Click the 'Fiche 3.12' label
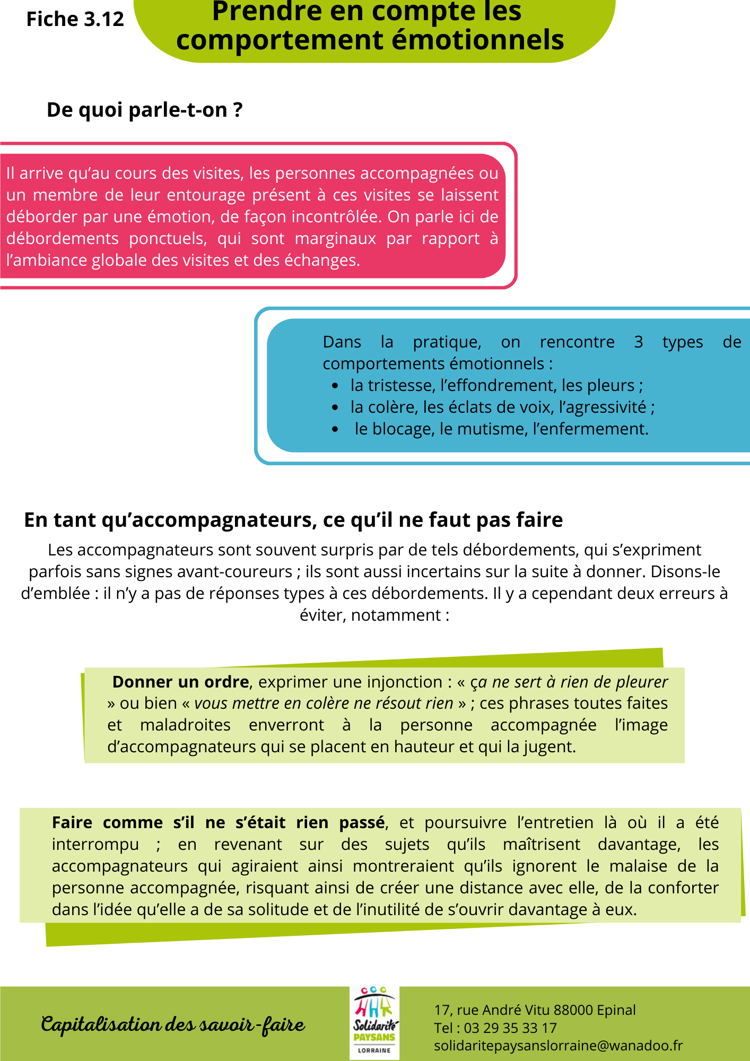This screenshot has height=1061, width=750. click(75, 20)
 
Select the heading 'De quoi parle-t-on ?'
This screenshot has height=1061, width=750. click(144, 110)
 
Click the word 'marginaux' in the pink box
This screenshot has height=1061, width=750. click(335, 239)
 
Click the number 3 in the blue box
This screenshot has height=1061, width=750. click(639, 342)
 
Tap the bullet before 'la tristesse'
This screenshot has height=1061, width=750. click(335, 386)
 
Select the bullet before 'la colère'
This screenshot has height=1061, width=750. click(335, 408)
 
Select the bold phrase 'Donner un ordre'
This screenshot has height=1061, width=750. click(180, 682)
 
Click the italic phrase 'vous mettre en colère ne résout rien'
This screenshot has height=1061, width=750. click(324, 703)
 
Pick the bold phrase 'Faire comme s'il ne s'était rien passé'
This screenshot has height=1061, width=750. click(218, 822)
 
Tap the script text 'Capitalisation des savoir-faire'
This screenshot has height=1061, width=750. click(173, 1024)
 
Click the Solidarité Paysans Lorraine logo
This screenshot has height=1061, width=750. click(374, 1023)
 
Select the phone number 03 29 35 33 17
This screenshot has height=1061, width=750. click(510, 1028)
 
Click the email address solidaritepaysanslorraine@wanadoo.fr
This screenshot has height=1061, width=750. click(558, 1046)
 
